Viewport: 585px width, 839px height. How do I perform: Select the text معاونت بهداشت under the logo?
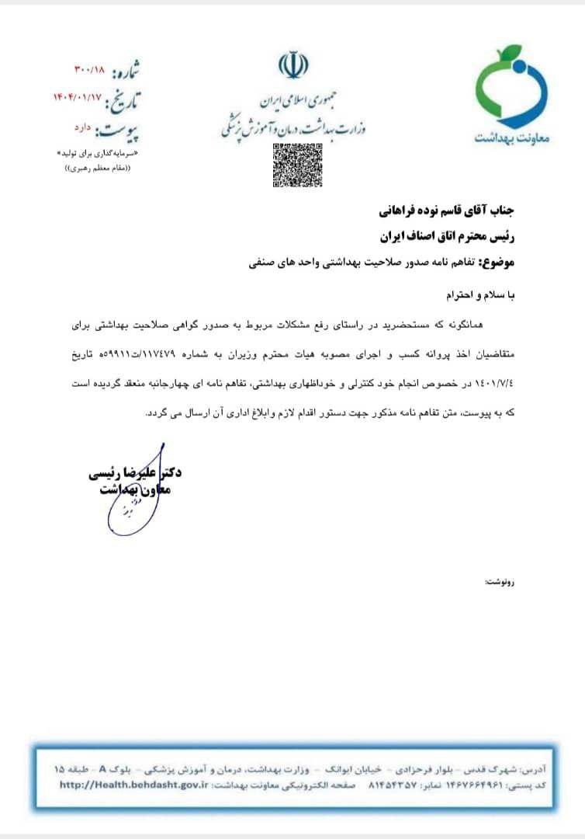[x=511, y=138]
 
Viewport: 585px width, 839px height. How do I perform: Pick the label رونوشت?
[x=500, y=582]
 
